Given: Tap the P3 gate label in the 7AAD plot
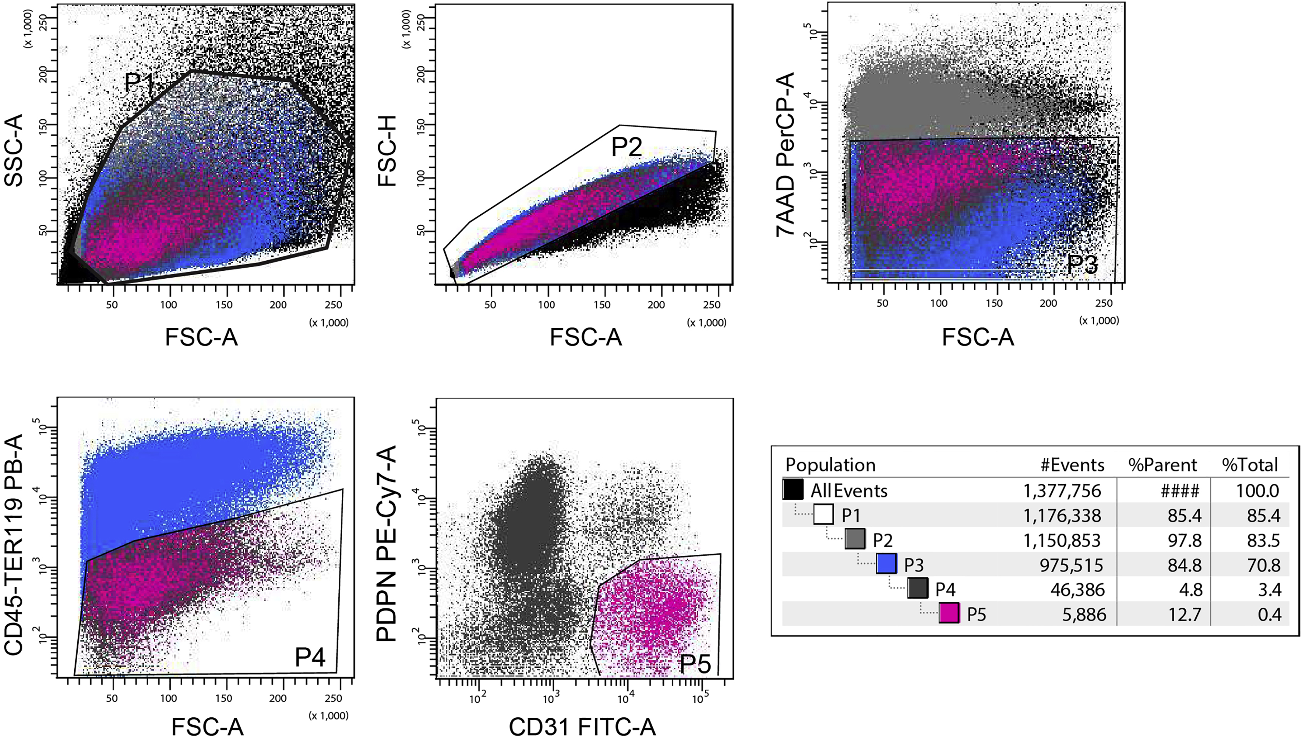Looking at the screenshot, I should tap(1082, 264).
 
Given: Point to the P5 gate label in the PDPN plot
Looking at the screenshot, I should tap(695, 663).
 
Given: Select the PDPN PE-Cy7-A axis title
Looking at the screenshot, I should tap(387, 543).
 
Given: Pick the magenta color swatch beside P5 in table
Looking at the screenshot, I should tap(949, 613).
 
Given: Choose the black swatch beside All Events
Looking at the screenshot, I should tap(793, 489).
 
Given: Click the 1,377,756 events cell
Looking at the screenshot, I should tap(1062, 491).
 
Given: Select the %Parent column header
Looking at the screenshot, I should tap(1163, 465).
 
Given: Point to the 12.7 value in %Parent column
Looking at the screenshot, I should tap(1184, 615).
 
